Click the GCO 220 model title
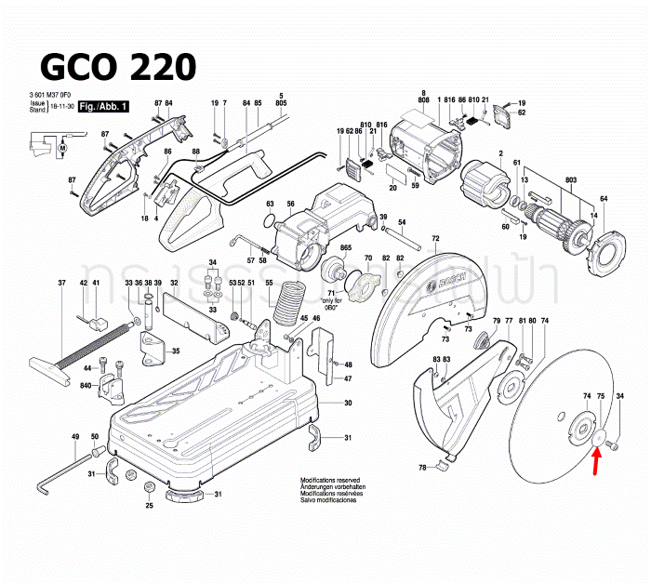117,67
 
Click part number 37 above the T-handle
62,283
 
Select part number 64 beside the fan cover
604,199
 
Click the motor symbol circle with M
63,148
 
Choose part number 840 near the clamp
86,385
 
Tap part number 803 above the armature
545,179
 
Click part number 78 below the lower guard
422,467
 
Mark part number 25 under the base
149,506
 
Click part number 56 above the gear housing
290,205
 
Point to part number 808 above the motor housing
423,99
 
